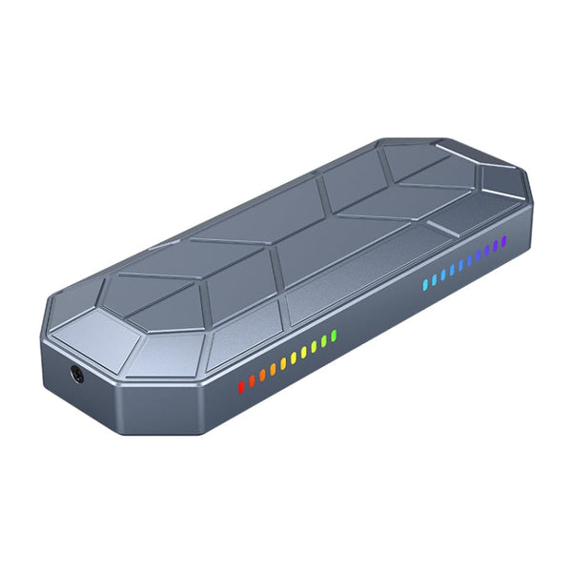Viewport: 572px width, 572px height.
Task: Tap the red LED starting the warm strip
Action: tap(241, 386)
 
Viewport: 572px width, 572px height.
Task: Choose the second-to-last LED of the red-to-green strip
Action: tap(323, 342)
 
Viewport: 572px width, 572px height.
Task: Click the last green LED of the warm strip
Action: tap(334, 337)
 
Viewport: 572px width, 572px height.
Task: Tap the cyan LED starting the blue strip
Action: tap(425, 283)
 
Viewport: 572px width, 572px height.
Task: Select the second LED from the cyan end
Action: tap(435, 278)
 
